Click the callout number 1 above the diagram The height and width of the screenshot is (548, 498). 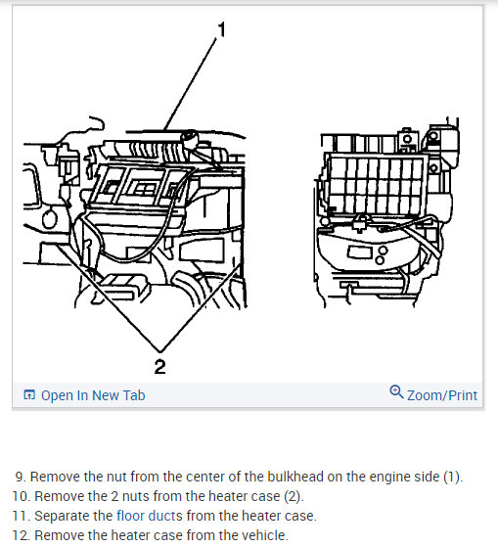point(221,29)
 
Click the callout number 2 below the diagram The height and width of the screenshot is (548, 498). point(159,367)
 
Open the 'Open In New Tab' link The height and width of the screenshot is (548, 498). point(93,395)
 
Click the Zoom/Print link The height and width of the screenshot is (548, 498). point(442,395)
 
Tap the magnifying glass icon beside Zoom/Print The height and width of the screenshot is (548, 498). point(396,391)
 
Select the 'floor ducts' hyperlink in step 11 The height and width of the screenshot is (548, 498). point(150,516)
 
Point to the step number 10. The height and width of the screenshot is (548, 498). point(22,496)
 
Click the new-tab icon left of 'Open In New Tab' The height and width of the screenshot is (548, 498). point(29,395)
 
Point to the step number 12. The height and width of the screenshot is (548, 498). point(22,535)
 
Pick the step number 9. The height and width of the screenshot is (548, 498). point(21,477)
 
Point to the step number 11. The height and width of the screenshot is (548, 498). point(22,516)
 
